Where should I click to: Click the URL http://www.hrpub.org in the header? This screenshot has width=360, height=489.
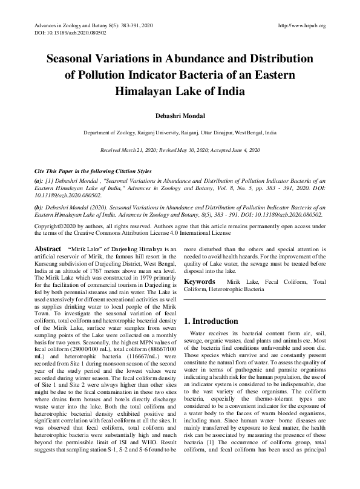(301, 25)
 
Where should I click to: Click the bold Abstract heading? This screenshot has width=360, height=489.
(47, 249)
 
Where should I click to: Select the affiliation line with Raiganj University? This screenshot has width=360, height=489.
(180, 131)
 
